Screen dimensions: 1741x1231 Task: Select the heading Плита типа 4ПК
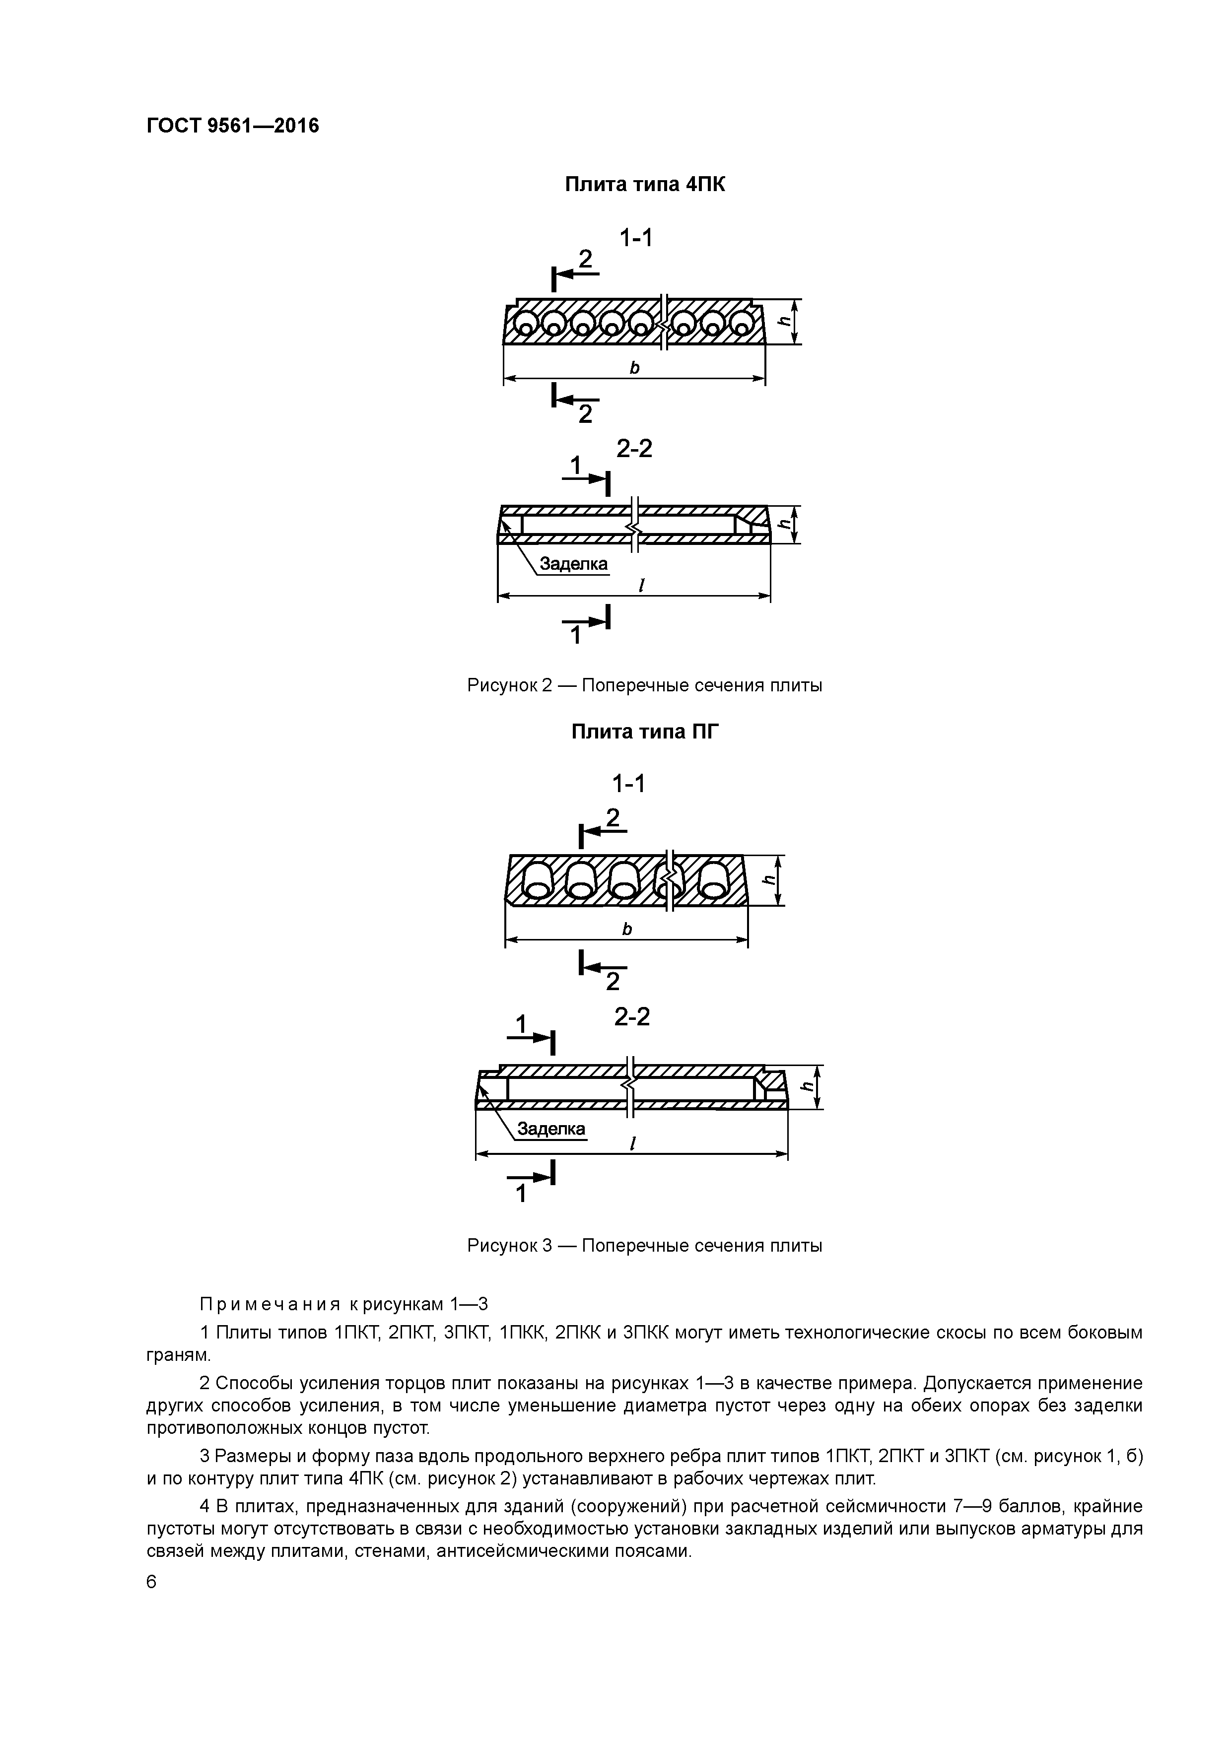click(x=644, y=184)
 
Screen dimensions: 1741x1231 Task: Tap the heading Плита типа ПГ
click(x=644, y=732)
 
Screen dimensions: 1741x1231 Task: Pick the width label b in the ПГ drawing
click(x=626, y=929)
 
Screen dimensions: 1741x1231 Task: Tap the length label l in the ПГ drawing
click(x=632, y=1143)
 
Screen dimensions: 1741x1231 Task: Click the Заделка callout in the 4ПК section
click(x=573, y=564)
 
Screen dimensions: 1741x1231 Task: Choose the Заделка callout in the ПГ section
click(x=551, y=1129)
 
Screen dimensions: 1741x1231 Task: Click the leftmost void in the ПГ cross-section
click(x=538, y=879)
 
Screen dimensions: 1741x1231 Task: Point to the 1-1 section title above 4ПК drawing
click(x=635, y=239)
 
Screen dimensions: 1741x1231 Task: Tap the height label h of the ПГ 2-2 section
click(x=808, y=1086)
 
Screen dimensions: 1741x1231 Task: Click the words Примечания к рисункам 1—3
click(x=343, y=1304)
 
